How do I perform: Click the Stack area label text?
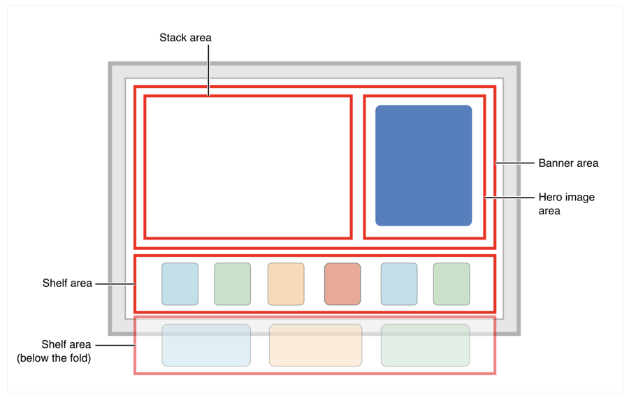click(x=185, y=38)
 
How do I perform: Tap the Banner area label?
click(x=568, y=163)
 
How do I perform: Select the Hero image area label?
click(x=566, y=204)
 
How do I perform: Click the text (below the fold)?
click(x=53, y=359)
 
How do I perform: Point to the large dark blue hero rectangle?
click(x=424, y=165)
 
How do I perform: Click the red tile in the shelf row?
click(x=342, y=284)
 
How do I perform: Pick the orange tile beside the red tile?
click(x=286, y=284)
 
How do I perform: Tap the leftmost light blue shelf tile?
click(x=180, y=284)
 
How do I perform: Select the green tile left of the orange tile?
click(x=232, y=284)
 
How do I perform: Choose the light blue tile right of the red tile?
click(x=399, y=284)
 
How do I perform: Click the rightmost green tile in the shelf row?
click(x=451, y=284)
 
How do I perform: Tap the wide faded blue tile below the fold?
click(x=206, y=345)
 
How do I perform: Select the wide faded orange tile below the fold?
click(x=315, y=345)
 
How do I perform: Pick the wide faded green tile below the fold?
click(x=425, y=345)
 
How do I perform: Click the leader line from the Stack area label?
click(x=209, y=70)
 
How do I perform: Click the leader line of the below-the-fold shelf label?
click(x=115, y=345)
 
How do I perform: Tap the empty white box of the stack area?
click(x=247, y=168)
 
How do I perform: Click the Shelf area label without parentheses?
click(x=67, y=283)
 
